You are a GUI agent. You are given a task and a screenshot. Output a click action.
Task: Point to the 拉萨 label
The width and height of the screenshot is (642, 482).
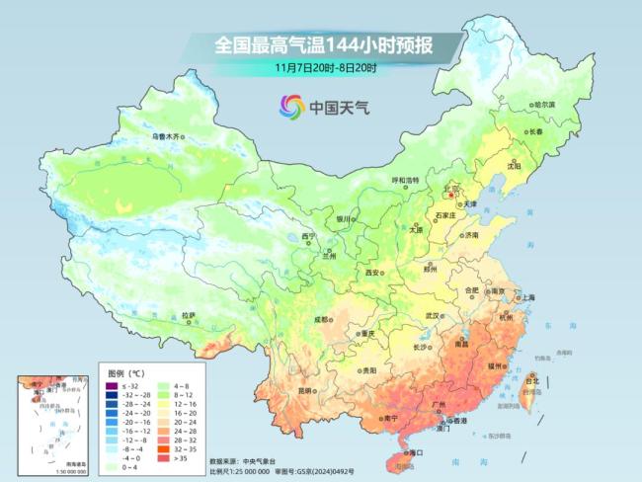click(x=188, y=315)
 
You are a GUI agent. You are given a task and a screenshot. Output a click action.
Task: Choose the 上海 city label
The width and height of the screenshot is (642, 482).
click(x=527, y=297)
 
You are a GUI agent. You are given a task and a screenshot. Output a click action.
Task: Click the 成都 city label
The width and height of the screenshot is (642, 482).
click(x=322, y=319)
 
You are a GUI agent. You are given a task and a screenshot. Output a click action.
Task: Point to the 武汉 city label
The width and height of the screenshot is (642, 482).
click(x=431, y=315)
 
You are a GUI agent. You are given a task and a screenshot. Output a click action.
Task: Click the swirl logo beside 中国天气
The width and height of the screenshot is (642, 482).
click(x=290, y=106)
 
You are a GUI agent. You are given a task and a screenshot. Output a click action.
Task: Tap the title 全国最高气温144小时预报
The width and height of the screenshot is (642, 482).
click(x=326, y=44)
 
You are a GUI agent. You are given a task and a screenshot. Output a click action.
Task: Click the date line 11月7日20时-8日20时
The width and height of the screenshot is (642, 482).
click(x=326, y=67)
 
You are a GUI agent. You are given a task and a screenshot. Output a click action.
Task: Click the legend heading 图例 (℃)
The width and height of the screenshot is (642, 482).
click(x=128, y=374)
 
